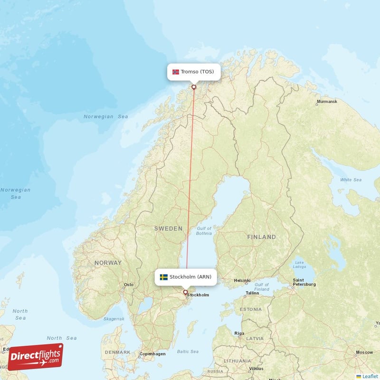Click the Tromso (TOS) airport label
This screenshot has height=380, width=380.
click(x=194, y=72)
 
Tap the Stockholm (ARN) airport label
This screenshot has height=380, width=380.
click(x=186, y=277)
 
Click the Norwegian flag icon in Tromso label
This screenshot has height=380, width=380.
click(x=176, y=72)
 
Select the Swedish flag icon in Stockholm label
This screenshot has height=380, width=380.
click(x=164, y=277)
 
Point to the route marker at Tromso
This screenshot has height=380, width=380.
click(x=194, y=86)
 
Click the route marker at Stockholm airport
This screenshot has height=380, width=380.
click(x=185, y=292)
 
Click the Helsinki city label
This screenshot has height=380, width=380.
click(x=242, y=280)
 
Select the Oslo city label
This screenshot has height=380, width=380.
click(x=128, y=285)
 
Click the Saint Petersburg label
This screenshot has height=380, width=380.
click(x=304, y=282)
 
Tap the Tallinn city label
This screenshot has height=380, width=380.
click(x=252, y=293)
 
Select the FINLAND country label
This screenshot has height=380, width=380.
click(x=261, y=237)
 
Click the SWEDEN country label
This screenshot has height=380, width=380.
click(x=168, y=228)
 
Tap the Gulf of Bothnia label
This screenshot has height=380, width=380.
click(x=204, y=231)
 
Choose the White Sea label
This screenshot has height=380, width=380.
click(x=351, y=180)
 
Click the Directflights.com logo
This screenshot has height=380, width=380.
click(x=35, y=357)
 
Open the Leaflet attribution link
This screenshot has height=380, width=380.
click(x=370, y=376)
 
